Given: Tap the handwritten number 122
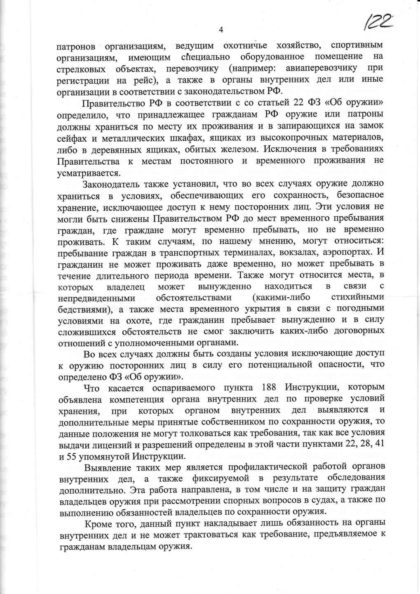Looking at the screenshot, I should (376, 21).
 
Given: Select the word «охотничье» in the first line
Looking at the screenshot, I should (245, 45).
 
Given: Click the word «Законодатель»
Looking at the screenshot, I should (110, 184).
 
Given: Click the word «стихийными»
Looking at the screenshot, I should (357, 297).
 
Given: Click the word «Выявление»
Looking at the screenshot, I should (107, 467).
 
